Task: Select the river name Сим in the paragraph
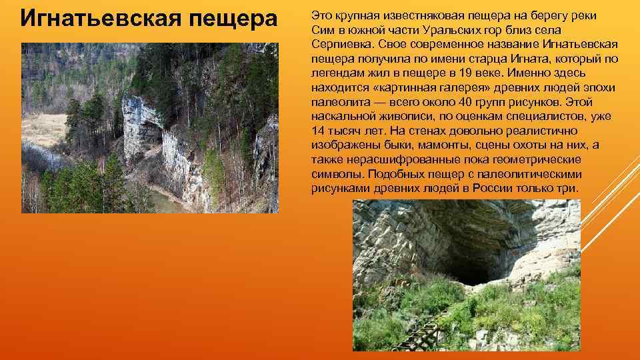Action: click(x=321, y=30)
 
